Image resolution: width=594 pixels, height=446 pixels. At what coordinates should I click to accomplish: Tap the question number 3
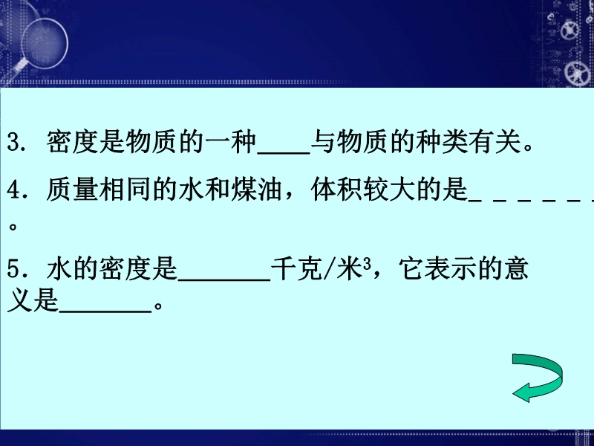13,142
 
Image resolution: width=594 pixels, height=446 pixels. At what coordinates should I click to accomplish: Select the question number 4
14,190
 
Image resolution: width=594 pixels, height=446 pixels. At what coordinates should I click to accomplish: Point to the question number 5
13,269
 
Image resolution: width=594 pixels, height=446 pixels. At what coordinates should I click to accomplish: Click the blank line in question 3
284,153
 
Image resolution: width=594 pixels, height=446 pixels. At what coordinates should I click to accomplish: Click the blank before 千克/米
224,279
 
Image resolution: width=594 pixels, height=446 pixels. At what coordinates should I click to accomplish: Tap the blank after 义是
105,311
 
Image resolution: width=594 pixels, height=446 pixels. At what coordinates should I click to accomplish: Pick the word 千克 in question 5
297,269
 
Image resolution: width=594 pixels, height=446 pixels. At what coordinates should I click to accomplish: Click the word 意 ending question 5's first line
516,269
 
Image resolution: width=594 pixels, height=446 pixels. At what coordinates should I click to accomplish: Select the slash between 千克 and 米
329,269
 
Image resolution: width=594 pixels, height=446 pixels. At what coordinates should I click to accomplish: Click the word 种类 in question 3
442,142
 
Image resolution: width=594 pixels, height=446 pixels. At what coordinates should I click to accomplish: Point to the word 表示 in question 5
463,269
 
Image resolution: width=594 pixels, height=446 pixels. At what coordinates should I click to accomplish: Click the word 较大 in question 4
388,190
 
